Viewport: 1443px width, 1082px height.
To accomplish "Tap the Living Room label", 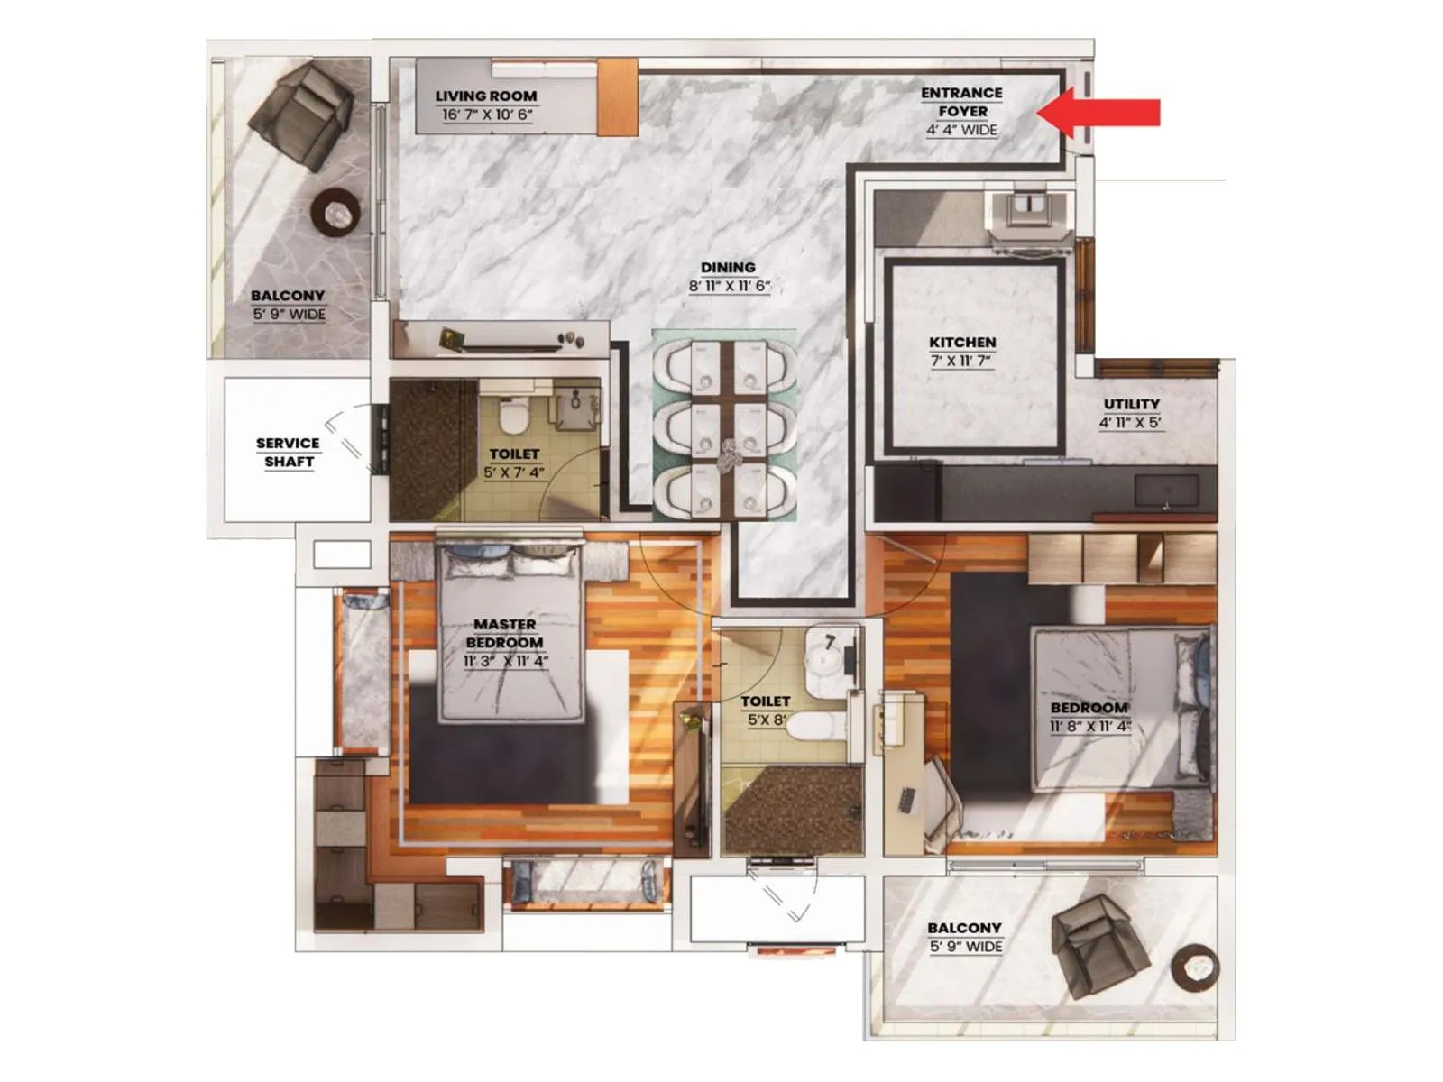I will click(485, 96).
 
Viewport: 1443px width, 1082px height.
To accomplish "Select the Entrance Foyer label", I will click(961, 102).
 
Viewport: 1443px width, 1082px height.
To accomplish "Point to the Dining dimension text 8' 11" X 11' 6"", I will click(729, 287).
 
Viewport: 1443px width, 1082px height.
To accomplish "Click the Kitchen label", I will click(962, 343).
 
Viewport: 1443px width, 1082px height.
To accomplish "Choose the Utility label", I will click(1131, 404).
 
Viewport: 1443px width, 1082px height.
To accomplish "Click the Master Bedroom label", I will click(505, 633).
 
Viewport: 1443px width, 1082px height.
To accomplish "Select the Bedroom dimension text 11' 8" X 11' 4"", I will click(1089, 727).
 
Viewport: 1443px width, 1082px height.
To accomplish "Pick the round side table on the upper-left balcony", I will click(335, 213).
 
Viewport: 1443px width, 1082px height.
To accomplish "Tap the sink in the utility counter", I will click(1166, 491).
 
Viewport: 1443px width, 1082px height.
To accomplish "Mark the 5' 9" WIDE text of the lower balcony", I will click(966, 947).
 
